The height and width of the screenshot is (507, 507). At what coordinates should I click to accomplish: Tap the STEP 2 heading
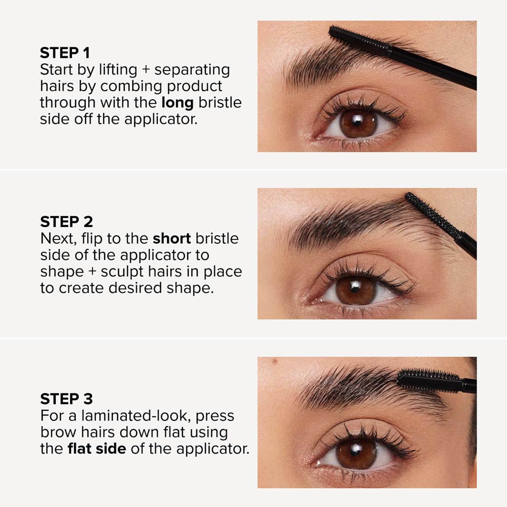pyautogui.click(x=66, y=222)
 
